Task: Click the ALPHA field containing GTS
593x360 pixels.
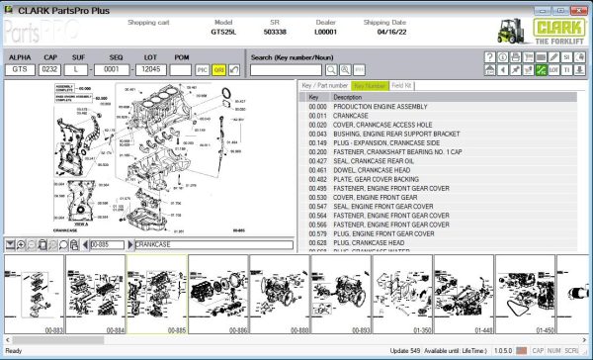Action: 21,70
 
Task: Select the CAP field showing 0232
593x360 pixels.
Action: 49,70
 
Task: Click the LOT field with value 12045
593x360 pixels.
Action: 150,70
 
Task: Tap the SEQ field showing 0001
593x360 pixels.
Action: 115,70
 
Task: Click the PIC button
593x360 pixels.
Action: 203,70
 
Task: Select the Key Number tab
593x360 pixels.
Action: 370,86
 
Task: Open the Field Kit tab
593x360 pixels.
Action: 402,86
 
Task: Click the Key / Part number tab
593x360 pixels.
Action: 325,86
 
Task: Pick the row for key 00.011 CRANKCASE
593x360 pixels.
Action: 356,116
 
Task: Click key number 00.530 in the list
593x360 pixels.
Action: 317,197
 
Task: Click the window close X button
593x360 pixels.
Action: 581,8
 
